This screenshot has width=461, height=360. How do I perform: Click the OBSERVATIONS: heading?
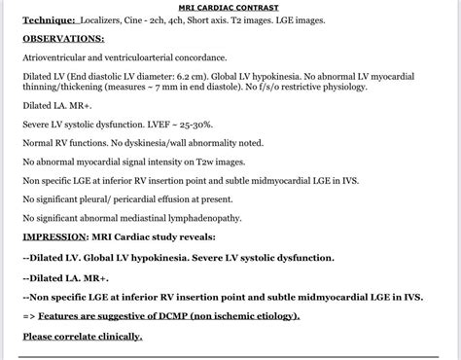click(64, 39)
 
